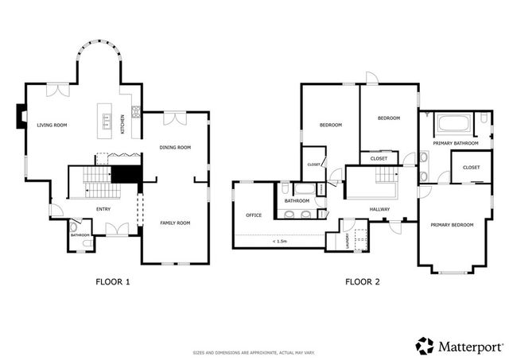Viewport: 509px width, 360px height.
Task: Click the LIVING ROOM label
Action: (52, 125)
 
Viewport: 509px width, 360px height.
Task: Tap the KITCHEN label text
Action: (122, 126)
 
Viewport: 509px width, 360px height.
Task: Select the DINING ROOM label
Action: (175, 147)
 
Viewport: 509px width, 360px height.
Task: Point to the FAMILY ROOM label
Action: (175, 223)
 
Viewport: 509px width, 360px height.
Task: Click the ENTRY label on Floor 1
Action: (103, 209)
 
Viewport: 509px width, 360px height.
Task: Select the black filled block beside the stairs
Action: (125, 174)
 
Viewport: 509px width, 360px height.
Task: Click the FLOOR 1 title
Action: (112, 281)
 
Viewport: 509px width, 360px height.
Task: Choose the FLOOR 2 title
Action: (362, 281)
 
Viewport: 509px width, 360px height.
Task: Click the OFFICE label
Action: (254, 215)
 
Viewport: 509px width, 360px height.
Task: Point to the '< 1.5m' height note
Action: (279, 242)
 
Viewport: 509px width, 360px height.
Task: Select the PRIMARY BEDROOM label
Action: (452, 225)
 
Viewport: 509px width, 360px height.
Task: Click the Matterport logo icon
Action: (425, 345)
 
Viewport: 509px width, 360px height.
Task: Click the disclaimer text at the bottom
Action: (254, 353)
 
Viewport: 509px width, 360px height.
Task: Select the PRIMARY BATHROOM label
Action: (456, 143)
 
